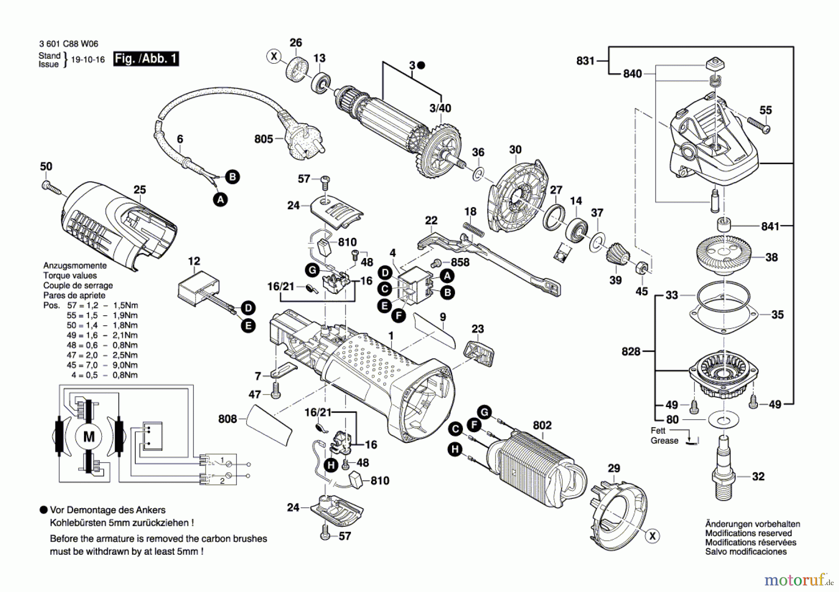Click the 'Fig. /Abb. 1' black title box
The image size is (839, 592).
146,59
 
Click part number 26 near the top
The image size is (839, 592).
296,43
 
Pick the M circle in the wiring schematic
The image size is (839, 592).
89,436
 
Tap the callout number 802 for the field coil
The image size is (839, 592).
542,425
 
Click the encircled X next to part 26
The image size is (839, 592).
274,57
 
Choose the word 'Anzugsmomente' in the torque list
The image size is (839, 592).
75,265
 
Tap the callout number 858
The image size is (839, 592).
460,262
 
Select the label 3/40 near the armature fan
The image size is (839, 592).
440,108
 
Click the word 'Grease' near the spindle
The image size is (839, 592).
665,441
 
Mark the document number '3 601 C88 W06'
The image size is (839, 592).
69,44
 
